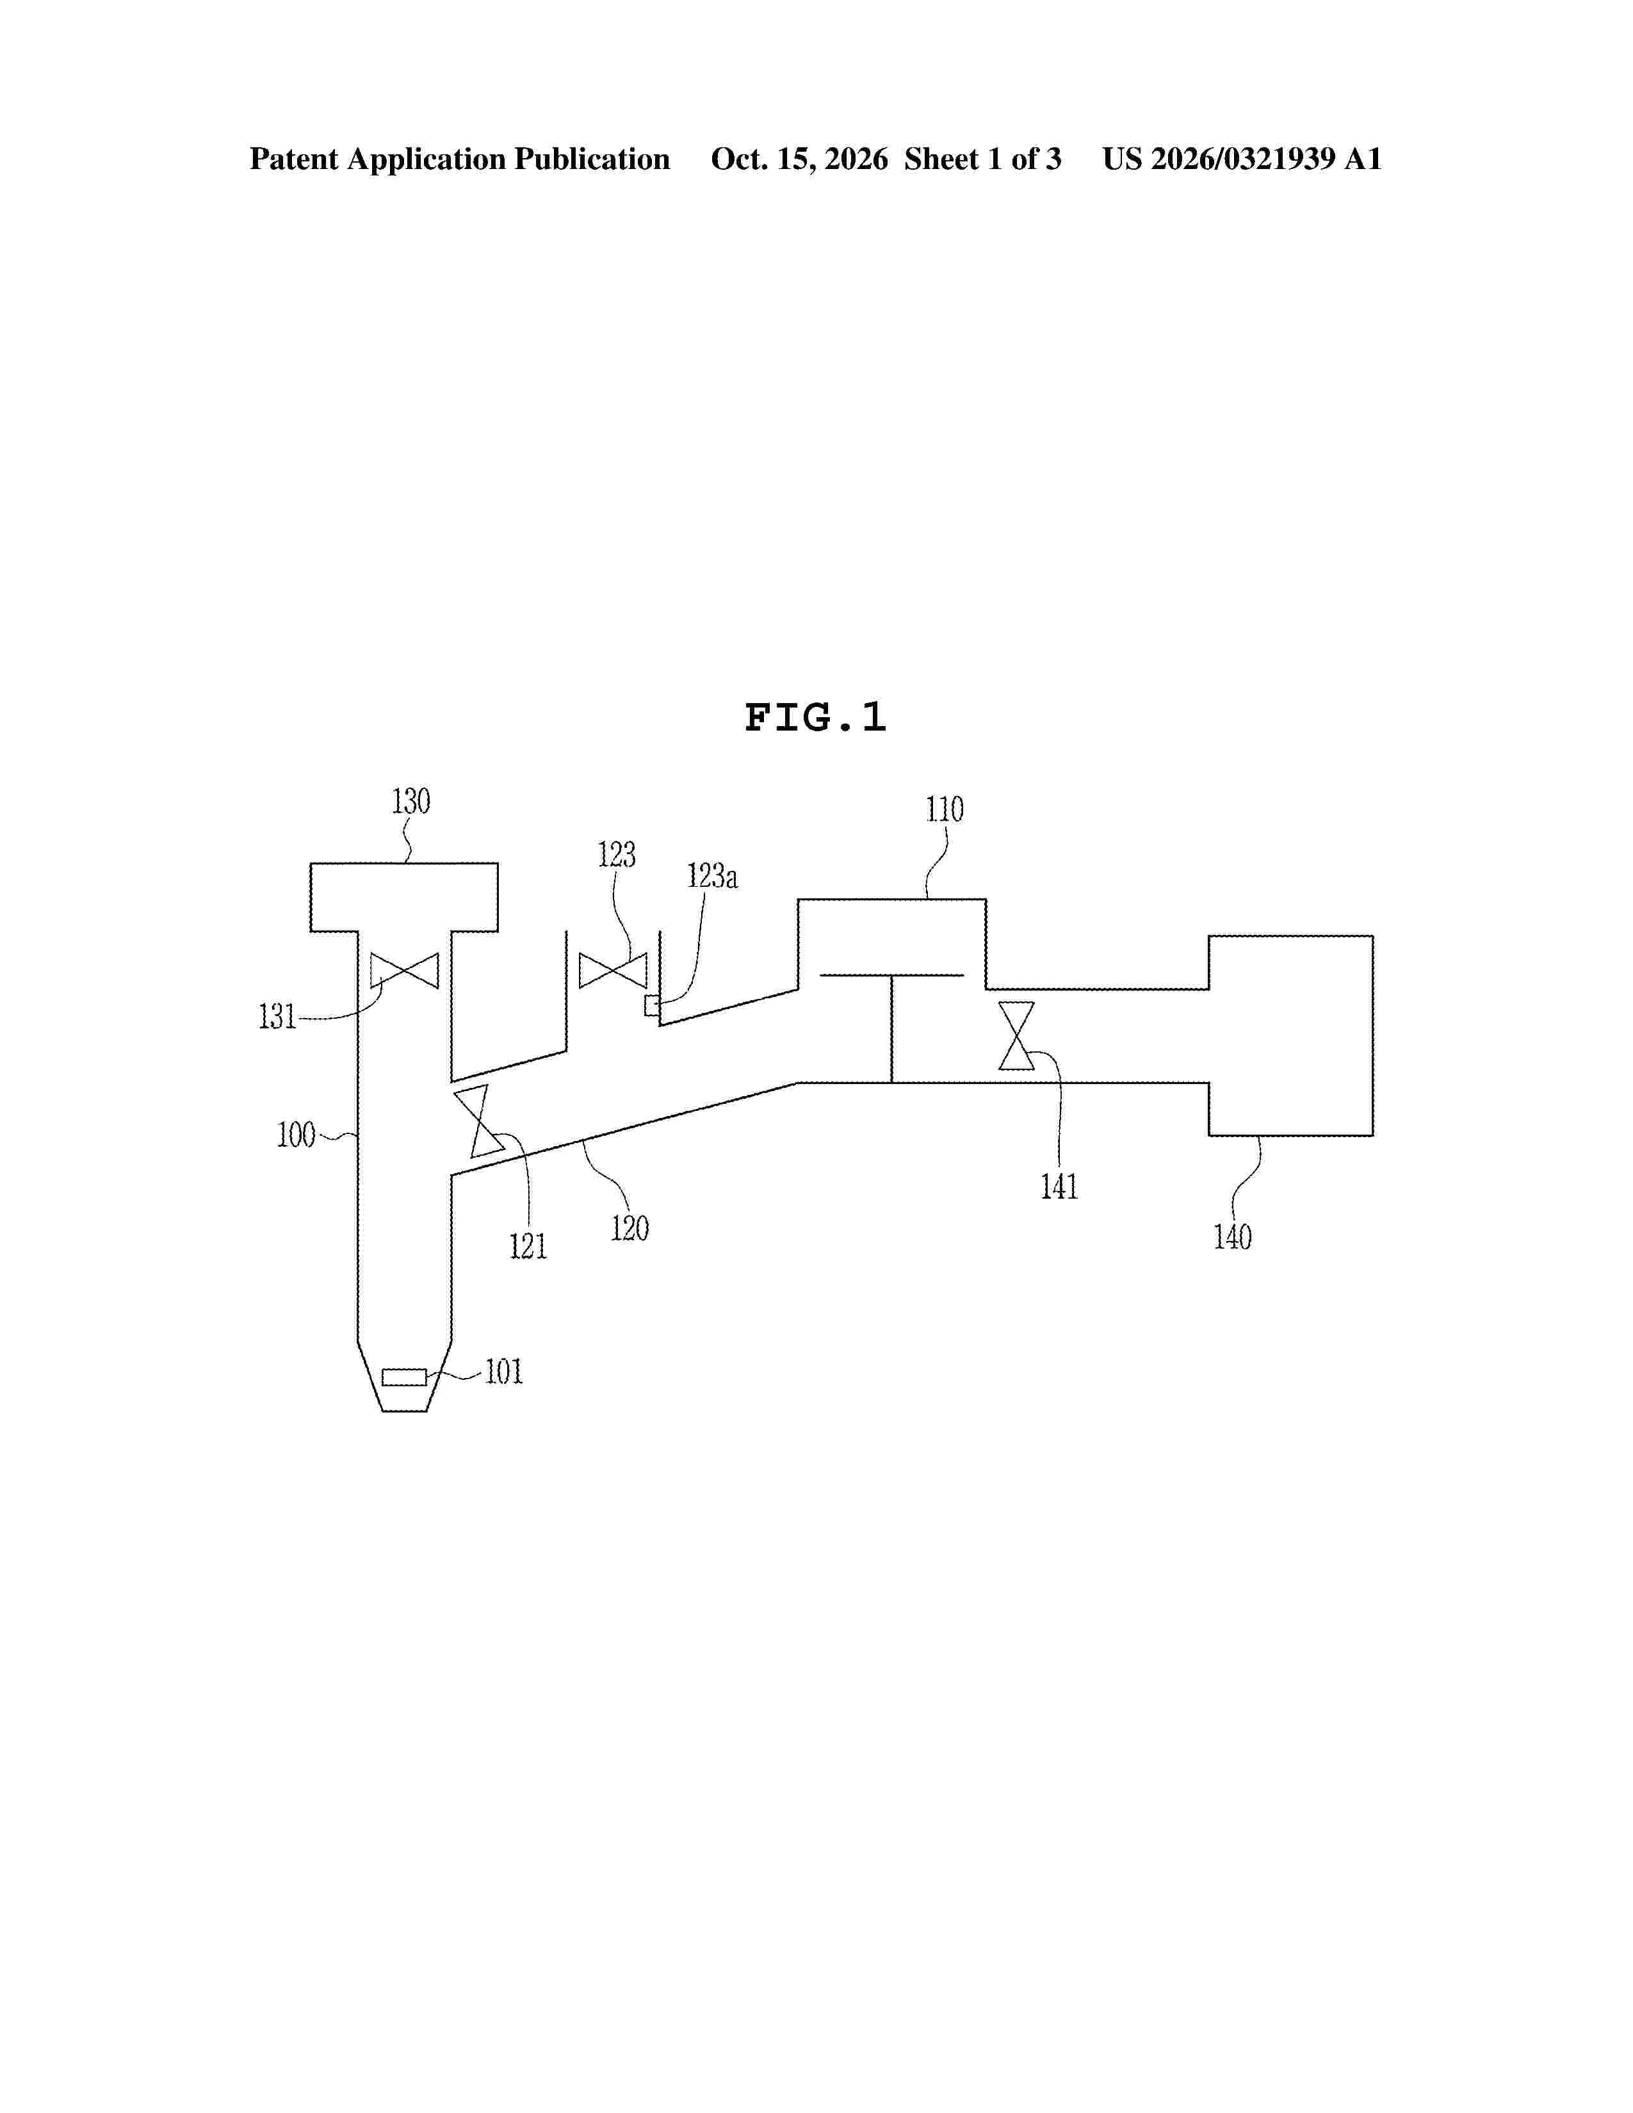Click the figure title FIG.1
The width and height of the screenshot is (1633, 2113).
(815, 718)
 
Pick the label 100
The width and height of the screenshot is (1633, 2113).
(296, 1134)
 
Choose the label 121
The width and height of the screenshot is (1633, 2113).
(528, 1246)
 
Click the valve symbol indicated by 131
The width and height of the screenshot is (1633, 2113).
(404, 971)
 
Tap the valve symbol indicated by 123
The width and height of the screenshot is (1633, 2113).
(612, 971)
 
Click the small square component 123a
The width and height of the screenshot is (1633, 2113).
(652, 1006)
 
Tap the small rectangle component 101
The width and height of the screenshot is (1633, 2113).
(404, 1377)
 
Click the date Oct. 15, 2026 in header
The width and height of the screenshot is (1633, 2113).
(799, 159)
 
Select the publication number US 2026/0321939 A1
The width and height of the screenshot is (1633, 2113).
(1242, 159)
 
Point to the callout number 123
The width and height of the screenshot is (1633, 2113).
(616, 854)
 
